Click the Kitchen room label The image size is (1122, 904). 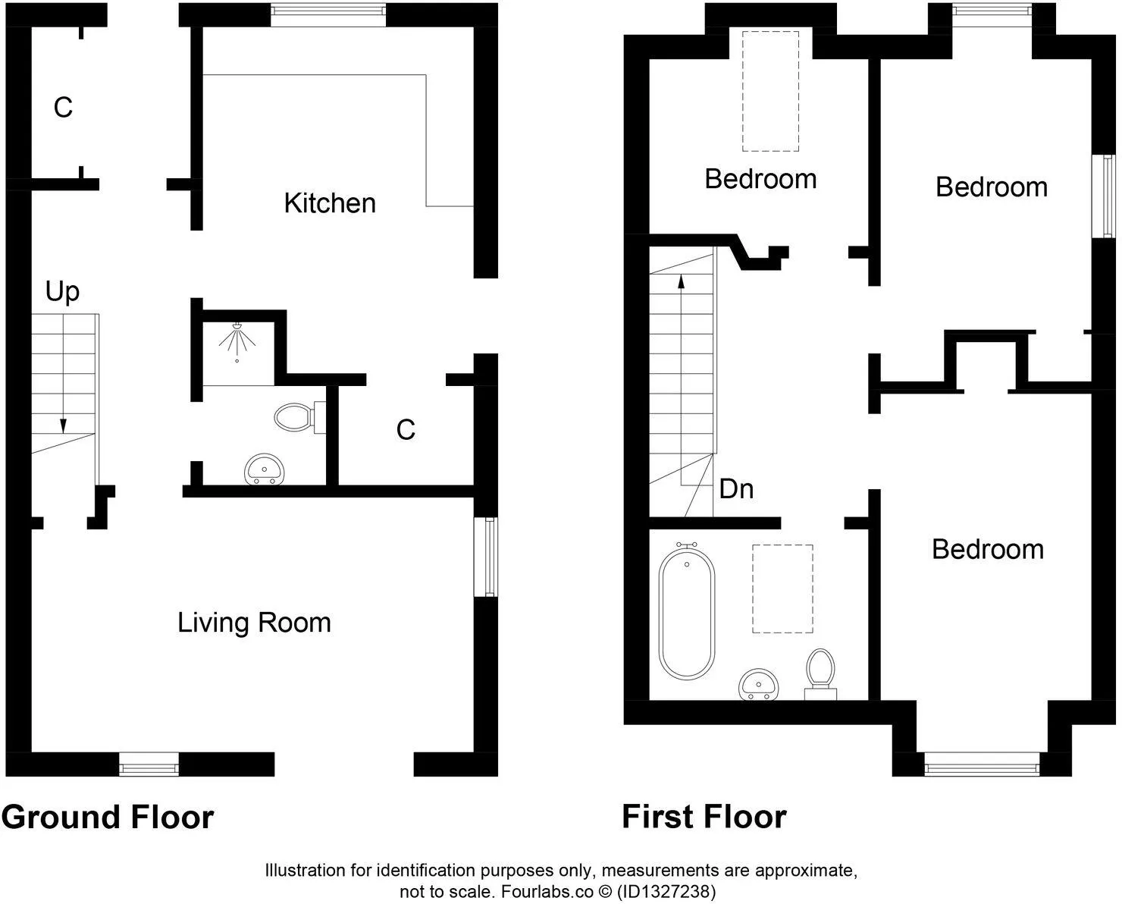coord(330,203)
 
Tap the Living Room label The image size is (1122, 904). coord(254,623)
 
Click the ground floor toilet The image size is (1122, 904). coord(299,417)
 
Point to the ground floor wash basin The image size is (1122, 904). coord(265,469)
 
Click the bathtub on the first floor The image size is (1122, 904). coord(687,611)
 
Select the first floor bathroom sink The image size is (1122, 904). coord(759,684)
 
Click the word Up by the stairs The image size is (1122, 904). coord(63,292)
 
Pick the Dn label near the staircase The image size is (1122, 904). coord(736,489)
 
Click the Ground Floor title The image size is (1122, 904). coord(108,818)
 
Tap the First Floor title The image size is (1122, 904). coord(704,817)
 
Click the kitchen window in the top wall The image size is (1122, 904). coord(328,14)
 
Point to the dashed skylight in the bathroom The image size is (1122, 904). coord(782,589)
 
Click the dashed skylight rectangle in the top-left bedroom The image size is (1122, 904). coord(770,91)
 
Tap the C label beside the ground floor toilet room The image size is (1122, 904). coord(406,430)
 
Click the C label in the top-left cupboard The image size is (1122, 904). coord(63,108)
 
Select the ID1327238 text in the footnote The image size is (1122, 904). coord(666,891)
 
